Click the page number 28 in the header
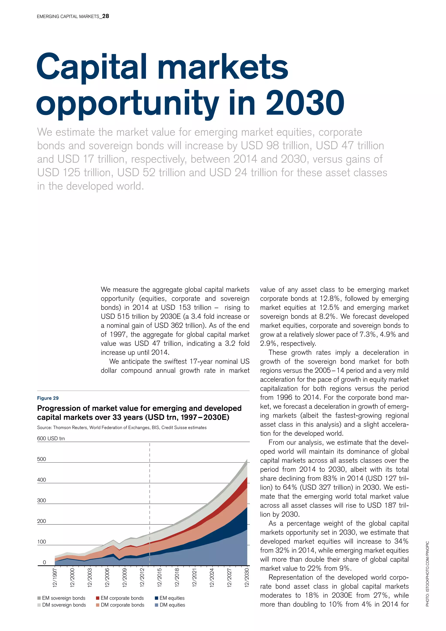[105, 16]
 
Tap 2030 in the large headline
[305, 103]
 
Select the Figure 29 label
[48, 398]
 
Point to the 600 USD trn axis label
[51, 438]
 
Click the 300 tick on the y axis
[41, 500]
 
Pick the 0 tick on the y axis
[44, 562]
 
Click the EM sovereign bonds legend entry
[63, 598]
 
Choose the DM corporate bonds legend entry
[122, 605]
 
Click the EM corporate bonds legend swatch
[98, 598]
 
